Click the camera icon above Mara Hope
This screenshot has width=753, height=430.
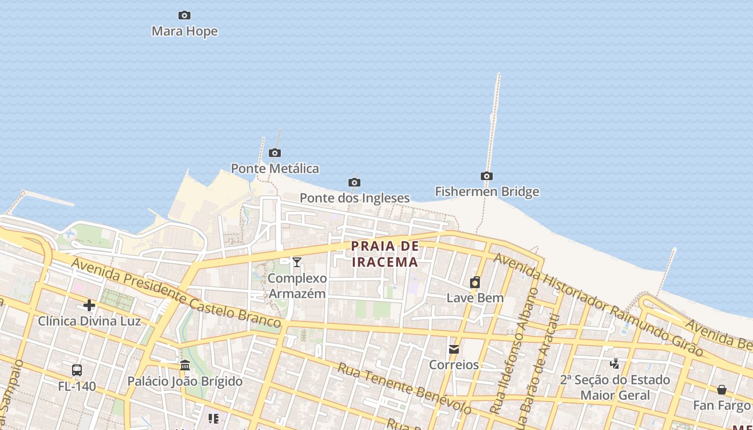click(x=184, y=15)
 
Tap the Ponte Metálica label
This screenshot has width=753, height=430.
click(x=275, y=169)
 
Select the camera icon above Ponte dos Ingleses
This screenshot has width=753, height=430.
click(x=354, y=183)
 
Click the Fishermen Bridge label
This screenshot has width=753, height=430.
click(x=487, y=192)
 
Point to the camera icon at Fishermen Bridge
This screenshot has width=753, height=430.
click(x=486, y=176)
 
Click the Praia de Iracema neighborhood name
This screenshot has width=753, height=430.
click(x=385, y=254)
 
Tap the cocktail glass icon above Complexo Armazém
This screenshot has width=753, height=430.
click(x=297, y=262)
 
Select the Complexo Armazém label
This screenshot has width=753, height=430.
click(x=297, y=286)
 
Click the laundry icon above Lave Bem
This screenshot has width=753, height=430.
click(x=475, y=282)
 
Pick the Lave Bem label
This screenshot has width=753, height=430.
click(x=475, y=298)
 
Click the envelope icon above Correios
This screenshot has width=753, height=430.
click(x=454, y=349)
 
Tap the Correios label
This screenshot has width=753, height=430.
click(x=453, y=365)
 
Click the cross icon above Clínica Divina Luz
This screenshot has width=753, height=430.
click(x=89, y=306)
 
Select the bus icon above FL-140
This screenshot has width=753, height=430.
click(x=77, y=370)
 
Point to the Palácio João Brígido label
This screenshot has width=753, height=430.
click(x=184, y=382)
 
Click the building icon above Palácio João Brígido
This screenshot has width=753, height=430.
click(x=185, y=365)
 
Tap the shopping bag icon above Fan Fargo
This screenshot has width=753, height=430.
click(x=722, y=390)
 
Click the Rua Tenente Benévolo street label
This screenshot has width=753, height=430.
click(x=403, y=388)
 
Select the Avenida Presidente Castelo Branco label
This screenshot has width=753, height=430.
click(x=175, y=293)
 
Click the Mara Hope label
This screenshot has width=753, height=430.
click(x=184, y=31)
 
